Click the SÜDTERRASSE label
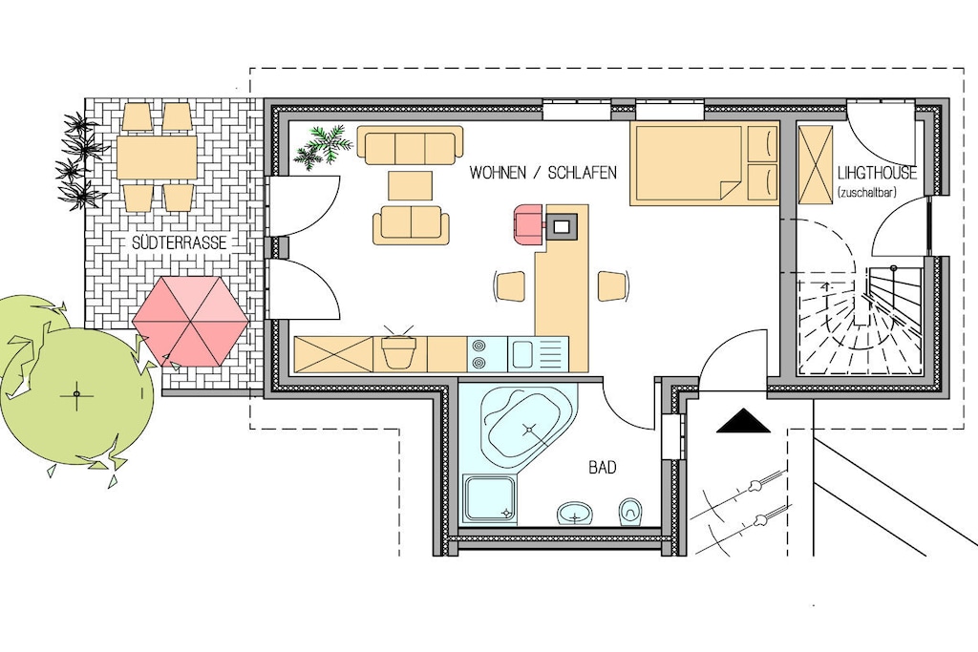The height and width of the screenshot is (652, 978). click(x=179, y=242)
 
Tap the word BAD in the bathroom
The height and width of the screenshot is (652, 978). click(x=603, y=467)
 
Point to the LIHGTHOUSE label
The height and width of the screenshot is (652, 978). click(x=877, y=173)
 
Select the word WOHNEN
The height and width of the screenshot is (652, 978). click(x=499, y=172)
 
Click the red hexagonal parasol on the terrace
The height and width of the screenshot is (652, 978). click(x=191, y=321)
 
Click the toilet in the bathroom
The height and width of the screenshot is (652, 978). click(x=629, y=511)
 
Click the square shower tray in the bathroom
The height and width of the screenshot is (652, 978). click(x=491, y=498)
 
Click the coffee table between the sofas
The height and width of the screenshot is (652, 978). click(x=410, y=185)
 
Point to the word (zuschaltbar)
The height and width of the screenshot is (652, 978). click(x=867, y=193)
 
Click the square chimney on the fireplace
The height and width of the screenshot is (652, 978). click(x=561, y=225)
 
